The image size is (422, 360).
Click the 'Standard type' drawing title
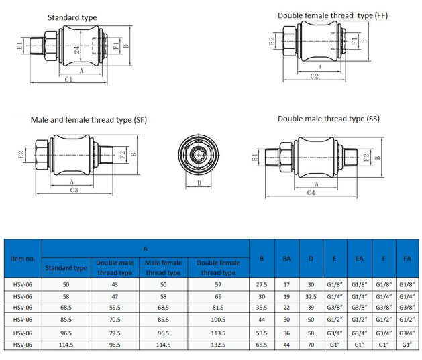[72, 17]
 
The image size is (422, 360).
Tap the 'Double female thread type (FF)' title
[333, 15]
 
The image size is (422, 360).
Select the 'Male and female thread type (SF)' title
[89, 121]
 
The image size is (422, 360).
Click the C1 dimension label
[69, 79]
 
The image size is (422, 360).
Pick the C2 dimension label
[314, 76]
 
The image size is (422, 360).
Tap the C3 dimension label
[74, 190]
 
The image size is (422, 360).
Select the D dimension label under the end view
[199, 182]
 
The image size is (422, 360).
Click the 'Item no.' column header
[22, 258]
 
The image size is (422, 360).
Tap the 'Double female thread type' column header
[218, 267]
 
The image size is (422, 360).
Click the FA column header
[407, 258]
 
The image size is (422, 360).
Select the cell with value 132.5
[218, 344]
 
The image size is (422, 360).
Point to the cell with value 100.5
[218, 320]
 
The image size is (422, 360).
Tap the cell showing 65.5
[262, 344]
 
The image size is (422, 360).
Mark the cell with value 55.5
[115, 308]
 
